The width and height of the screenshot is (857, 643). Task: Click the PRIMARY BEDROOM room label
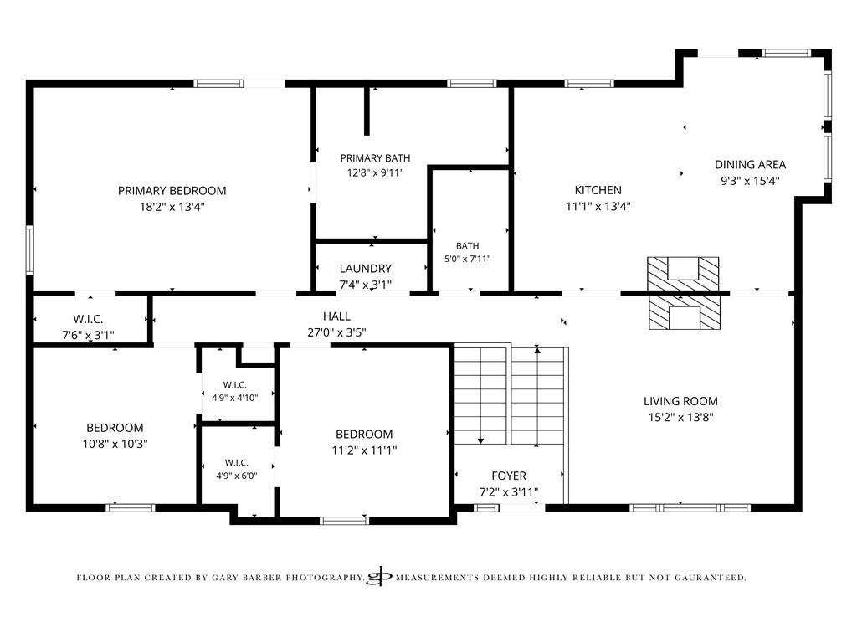click(x=172, y=191)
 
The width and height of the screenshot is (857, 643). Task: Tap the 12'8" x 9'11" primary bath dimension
click(x=376, y=172)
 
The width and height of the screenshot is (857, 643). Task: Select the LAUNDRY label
click(x=366, y=269)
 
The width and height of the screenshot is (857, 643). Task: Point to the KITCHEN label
click(x=598, y=190)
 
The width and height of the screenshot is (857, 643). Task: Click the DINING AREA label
click(x=751, y=165)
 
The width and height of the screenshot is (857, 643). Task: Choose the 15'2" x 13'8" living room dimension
click(x=681, y=417)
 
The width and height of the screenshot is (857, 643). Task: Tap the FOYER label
click(x=509, y=476)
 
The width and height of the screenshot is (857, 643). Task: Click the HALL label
click(x=336, y=316)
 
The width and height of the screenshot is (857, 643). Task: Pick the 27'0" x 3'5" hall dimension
click(x=336, y=332)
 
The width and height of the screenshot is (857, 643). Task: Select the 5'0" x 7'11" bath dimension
click(x=467, y=259)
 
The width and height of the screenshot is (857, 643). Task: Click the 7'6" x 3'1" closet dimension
click(x=89, y=335)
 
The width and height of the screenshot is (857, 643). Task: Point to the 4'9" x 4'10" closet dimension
click(x=235, y=398)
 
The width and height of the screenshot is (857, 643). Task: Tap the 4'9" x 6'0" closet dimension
click(x=237, y=476)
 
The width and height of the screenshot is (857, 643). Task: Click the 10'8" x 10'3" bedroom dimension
click(x=115, y=444)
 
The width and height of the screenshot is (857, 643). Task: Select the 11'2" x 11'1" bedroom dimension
click(x=364, y=450)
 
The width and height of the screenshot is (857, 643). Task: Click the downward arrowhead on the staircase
click(x=481, y=440)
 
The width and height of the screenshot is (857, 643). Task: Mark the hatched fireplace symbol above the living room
click(x=683, y=293)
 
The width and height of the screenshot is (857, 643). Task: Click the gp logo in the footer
click(x=380, y=576)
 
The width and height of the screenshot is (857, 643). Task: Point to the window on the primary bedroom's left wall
click(x=30, y=249)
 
